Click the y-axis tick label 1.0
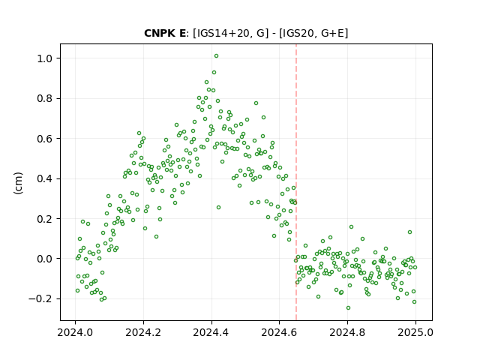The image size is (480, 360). pyautogui.click(x=45, y=58)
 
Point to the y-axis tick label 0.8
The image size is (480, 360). pyautogui.click(x=45, y=98)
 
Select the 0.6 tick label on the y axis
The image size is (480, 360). pyautogui.click(x=45, y=139)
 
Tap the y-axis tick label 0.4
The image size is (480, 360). pyautogui.click(x=45, y=178)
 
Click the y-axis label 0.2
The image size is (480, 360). pyautogui.click(x=45, y=219)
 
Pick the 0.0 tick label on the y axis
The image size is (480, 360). pyautogui.click(x=45, y=259)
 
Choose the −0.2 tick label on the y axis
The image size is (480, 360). pyautogui.click(x=40, y=298)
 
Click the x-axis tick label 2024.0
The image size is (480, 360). pyautogui.click(x=75, y=332)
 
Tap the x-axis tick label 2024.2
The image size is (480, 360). pyautogui.click(x=143, y=332)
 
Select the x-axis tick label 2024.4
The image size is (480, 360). pyautogui.click(x=211, y=332)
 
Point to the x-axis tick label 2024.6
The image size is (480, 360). pyautogui.click(x=279, y=332)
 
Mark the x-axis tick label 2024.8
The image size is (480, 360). pyautogui.click(x=347, y=332)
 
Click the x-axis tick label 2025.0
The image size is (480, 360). pyautogui.click(x=415, y=332)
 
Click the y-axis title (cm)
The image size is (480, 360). pyautogui.click(x=18, y=183)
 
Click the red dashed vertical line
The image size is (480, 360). pyautogui.click(x=296, y=182)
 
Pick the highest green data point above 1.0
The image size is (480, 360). pyautogui.click(x=216, y=56)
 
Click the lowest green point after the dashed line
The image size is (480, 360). pyautogui.click(x=348, y=308)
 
